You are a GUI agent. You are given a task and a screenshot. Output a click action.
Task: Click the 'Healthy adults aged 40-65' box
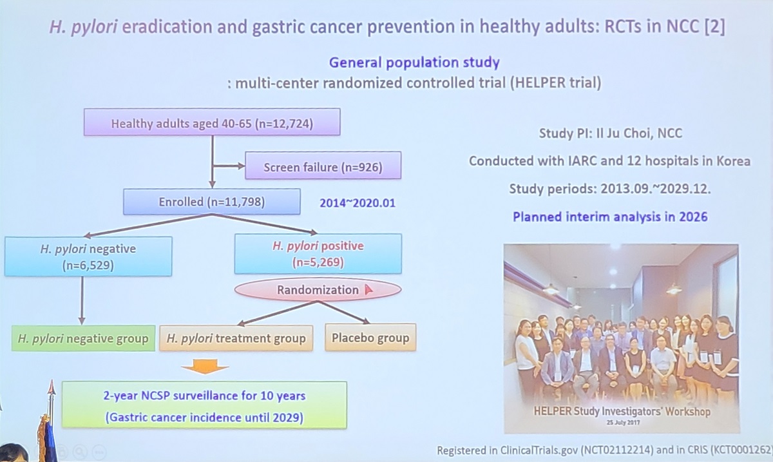(x=212, y=122)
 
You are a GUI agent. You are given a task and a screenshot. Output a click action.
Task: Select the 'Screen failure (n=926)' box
(x=323, y=166)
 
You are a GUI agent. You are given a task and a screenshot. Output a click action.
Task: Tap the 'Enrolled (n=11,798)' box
(x=211, y=202)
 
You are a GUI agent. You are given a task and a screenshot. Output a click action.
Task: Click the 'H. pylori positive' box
(x=318, y=254)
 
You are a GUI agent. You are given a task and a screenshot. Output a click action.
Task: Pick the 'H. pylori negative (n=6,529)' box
(x=88, y=256)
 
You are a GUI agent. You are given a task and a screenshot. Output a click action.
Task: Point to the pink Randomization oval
(x=318, y=290)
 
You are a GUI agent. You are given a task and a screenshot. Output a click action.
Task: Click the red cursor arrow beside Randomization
(x=368, y=290)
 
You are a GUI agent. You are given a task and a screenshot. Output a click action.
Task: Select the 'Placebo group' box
(x=370, y=338)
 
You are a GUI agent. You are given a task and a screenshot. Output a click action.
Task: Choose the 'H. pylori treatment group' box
(x=236, y=338)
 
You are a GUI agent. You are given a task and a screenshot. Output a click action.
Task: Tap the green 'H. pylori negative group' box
(x=83, y=338)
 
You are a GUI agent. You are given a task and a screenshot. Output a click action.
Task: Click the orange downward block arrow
(x=205, y=366)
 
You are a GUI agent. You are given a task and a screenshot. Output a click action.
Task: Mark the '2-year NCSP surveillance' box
(x=204, y=405)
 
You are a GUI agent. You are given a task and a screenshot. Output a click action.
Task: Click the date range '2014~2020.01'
(x=358, y=203)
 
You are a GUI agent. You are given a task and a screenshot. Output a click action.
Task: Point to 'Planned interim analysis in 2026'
(x=610, y=217)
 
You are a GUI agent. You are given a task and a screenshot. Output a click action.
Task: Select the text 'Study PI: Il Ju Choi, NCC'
(x=611, y=133)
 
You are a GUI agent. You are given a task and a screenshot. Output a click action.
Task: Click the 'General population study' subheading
(x=414, y=63)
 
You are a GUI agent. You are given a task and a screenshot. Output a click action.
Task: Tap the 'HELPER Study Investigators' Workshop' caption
(x=622, y=411)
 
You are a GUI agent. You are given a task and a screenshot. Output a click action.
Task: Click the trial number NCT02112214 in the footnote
(x=617, y=450)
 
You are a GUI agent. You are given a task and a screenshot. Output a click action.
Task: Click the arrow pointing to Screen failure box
(x=229, y=166)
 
